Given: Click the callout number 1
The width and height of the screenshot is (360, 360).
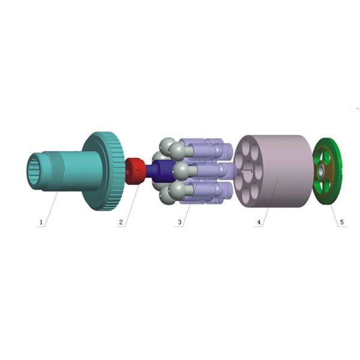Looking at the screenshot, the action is (x=41, y=222).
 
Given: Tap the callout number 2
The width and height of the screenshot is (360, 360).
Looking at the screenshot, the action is (x=121, y=222).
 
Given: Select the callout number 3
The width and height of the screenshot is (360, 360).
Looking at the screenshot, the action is (x=179, y=222).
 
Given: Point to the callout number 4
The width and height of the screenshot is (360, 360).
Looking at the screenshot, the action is (x=259, y=222).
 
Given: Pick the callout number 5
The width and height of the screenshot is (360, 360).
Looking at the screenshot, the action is (x=342, y=222).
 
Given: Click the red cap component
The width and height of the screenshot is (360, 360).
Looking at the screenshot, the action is (x=135, y=171).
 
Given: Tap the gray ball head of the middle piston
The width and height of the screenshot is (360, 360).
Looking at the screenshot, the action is (x=181, y=170).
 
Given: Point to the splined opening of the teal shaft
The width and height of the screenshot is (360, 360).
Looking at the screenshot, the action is (x=36, y=170).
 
